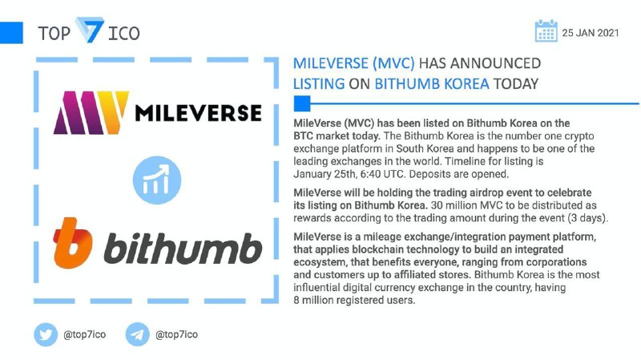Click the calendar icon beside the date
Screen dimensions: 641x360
click(x=546, y=30)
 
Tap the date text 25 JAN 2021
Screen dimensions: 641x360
click(x=591, y=33)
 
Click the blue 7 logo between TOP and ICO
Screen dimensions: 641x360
click(x=90, y=30)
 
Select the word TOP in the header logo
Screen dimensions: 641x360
click(x=54, y=34)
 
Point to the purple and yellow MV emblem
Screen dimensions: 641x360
click(x=91, y=113)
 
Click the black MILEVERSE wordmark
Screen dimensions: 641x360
click(x=198, y=113)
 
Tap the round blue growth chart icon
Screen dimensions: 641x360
click(x=157, y=180)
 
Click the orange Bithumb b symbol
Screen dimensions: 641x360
click(x=72, y=243)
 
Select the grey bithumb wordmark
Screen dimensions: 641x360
click(x=183, y=249)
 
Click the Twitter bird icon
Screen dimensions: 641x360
click(x=46, y=334)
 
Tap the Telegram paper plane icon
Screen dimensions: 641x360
click(x=137, y=334)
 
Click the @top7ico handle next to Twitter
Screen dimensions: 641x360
click(x=85, y=334)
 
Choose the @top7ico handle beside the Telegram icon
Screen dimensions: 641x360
click(x=176, y=334)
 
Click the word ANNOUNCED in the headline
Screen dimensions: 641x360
click(x=495, y=63)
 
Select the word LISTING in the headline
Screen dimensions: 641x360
click(x=319, y=84)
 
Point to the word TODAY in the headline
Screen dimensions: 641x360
click(x=516, y=84)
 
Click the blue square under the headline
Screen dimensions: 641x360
click(x=302, y=103)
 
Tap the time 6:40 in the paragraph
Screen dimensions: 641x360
click(x=370, y=174)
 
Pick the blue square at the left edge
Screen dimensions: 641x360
click(x=11, y=32)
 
